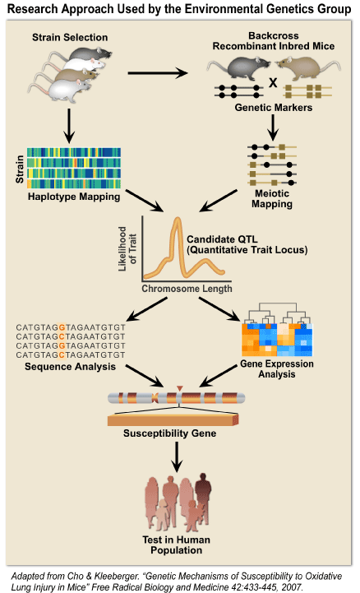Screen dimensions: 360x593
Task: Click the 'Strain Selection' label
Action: tap(70, 38)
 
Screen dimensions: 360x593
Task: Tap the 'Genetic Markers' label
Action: tap(274, 108)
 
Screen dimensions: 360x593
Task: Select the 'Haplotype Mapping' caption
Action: tap(74, 197)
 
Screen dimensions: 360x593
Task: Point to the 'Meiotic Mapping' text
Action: tap(272, 198)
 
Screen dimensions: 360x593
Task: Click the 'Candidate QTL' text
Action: tap(222, 239)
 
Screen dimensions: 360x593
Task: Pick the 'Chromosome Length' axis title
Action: tap(187, 289)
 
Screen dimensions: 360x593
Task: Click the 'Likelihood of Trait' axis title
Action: tap(127, 249)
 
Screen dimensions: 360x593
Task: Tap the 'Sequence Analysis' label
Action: tap(70, 367)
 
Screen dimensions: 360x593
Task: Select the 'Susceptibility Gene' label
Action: tap(169, 433)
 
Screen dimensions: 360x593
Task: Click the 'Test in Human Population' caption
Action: tap(176, 545)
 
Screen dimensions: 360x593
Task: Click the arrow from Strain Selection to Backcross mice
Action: tap(158, 73)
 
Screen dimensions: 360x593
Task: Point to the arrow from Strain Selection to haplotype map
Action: tap(69, 126)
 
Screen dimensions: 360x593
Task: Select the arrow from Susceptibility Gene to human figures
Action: tap(177, 456)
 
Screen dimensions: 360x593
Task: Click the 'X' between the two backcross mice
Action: tap(273, 82)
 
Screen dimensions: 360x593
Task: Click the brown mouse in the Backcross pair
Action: tap(308, 67)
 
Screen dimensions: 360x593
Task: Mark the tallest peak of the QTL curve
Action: tap(177, 220)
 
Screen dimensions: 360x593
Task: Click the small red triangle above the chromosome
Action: tap(180, 388)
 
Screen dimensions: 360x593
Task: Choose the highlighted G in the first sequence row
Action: tap(62, 327)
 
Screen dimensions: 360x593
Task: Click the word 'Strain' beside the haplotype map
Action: tap(20, 169)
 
